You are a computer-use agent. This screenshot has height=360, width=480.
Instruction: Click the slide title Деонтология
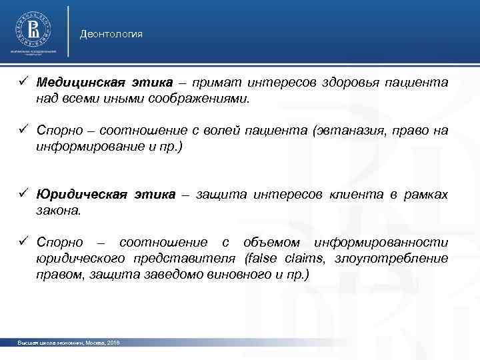click(x=111, y=33)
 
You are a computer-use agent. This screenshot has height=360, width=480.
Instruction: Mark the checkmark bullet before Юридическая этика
click(x=22, y=194)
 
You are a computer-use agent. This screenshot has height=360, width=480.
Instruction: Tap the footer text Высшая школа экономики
click(x=45, y=342)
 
